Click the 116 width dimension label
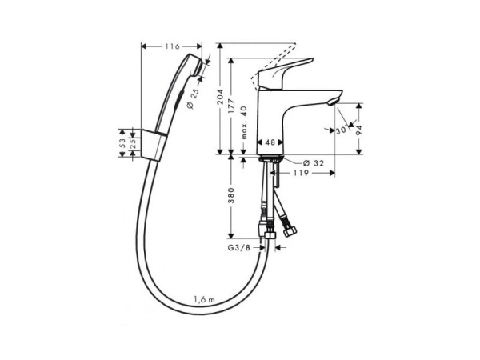click(172, 46)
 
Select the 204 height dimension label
click(221, 97)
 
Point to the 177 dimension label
click(231, 106)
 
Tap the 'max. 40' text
click(244, 122)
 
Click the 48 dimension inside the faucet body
click(270, 142)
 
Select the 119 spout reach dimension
click(301, 174)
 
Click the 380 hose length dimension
click(231, 196)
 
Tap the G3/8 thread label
click(238, 248)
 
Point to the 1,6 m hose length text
click(205, 299)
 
